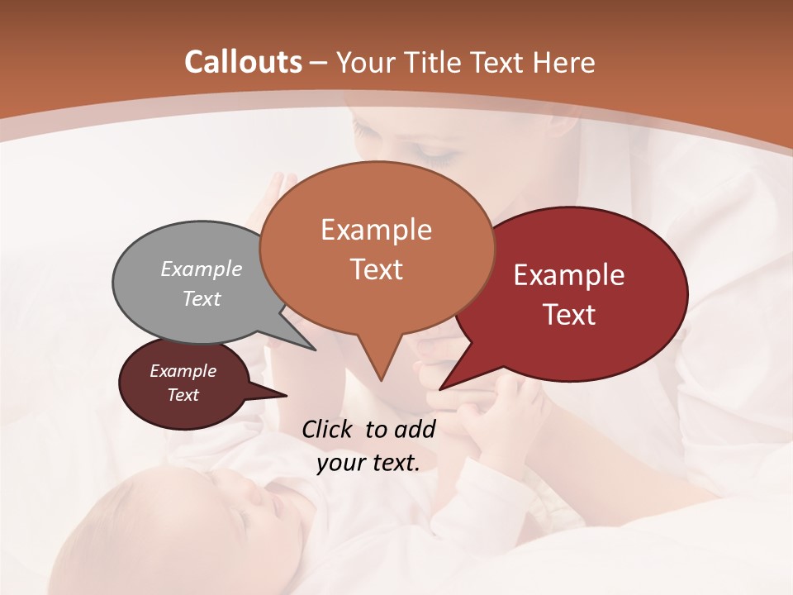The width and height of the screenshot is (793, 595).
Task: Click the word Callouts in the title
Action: [x=243, y=62]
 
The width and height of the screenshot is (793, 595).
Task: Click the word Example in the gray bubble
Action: [x=201, y=269]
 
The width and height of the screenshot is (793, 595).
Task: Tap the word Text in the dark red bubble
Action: [x=570, y=315]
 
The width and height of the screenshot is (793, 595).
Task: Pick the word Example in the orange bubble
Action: [x=376, y=230]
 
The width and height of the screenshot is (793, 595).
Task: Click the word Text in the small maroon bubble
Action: [x=183, y=395]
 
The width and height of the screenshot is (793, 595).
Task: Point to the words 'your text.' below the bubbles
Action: [x=368, y=463]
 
